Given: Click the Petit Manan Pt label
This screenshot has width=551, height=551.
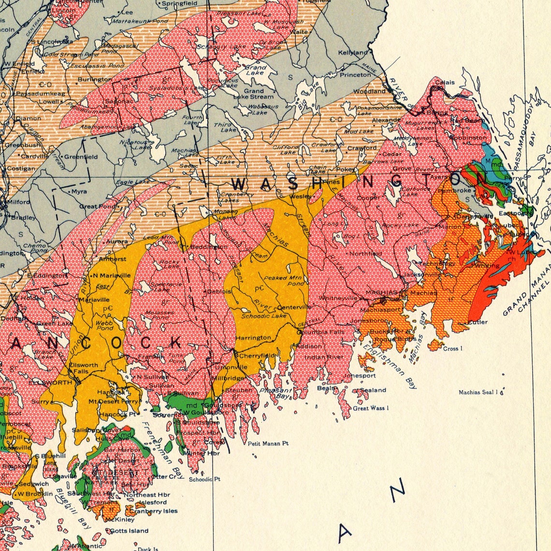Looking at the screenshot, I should point(268,443).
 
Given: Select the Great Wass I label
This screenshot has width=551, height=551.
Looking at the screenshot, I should point(371,408).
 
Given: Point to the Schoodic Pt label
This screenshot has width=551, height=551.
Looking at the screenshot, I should point(204,479).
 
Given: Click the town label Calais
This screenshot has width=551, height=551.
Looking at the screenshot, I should point(445,82).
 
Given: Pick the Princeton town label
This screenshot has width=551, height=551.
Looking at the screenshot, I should point(355,75).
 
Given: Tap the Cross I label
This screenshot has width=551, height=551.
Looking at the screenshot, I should point(453,348).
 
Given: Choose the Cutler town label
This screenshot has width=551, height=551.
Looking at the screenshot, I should point(478,322).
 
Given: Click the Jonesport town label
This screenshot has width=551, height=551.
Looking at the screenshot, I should point(360,376).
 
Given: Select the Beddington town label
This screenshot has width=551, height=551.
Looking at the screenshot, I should point(208,246).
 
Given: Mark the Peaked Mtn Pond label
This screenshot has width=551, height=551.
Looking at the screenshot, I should point(283,280).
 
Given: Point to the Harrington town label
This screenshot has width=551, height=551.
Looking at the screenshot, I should point(253,337).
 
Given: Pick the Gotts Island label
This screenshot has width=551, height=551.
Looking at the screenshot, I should point(129,531).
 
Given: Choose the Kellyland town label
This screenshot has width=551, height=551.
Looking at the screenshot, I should point(353,52).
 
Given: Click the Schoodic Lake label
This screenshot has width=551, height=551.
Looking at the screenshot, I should point(264,316).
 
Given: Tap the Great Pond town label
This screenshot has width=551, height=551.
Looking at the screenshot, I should point(98,206).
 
